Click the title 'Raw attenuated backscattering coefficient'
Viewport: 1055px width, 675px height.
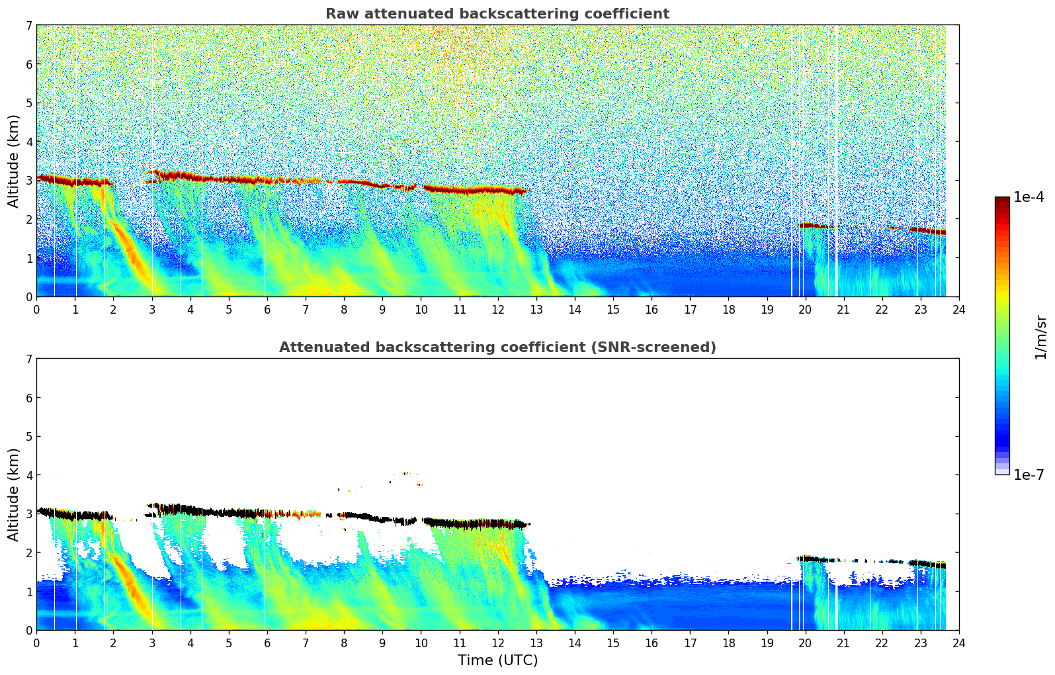[x=497, y=14]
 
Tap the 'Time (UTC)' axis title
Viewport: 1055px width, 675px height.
[x=497, y=660]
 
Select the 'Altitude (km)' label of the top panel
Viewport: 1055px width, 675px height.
[x=13, y=161]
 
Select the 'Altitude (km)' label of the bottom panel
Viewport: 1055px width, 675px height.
[x=13, y=494]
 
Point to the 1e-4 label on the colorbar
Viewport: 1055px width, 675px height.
[x=1029, y=197]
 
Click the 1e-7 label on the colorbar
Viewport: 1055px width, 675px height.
[x=1029, y=475]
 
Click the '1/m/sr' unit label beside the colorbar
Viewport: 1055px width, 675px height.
[x=1040, y=337]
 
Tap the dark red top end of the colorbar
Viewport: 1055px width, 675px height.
[x=1002, y=200]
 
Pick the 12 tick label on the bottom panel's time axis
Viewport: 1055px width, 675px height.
[x=497, y=643]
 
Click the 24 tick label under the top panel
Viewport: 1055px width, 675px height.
[x=958, y=310]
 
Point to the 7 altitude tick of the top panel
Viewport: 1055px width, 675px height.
[x=29, y=26]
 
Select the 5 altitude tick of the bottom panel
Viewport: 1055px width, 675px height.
[x=29, y=437]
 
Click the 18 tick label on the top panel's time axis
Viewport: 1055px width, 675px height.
[x=728, y=310]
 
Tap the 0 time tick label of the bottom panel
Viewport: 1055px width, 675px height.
[x=36, y=643]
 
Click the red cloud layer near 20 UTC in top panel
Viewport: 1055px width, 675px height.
[x=808, y=226]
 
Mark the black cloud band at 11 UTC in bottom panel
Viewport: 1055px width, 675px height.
[x=459, y=523]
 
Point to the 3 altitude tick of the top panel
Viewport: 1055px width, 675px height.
[x=29, y=181]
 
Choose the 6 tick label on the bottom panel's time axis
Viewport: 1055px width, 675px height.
[x=267, y=643]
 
